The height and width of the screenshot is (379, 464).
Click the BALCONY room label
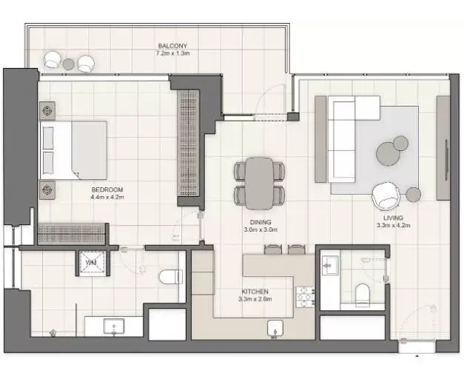pyautogui.click(x=172, y=46)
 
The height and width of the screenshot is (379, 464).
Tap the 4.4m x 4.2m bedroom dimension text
pyautogui.click(x=107, y=197)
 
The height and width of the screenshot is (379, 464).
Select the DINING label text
pyautogui.click(x=260, y=222)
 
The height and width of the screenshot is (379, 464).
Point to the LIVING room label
pyautogui.click(x=393, y=218)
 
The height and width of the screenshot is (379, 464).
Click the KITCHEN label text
pyautogui.click(x=255, y=292)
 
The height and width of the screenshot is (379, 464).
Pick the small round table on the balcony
pyautogui.click(x=68, y=64)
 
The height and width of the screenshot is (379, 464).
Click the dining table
pyautogui.click(x=259, y=184)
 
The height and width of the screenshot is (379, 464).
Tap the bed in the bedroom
pyautogui.click(x=74, y=150)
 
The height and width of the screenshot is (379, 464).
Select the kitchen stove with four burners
pyautogui.click(x=306, y=297)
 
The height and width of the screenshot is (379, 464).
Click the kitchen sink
pyautogui.click(x=275, y=329)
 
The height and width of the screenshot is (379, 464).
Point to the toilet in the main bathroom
pyautogui.click(x=171, y=277)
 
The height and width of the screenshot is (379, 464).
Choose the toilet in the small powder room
pyautogui.click(x=363, y=295)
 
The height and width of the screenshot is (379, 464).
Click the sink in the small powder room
pyautogui.click(x=330, y=266)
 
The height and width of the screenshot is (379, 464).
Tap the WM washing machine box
pyautogui.click(x=92, y=263)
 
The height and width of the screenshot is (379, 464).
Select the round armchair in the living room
pyautogui.click(x=386, y=195)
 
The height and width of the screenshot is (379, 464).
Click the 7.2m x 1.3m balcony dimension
pyautogui.click(x=173, y=53)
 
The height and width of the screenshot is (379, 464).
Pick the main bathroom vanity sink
pyautogui.click(x=114, y=326)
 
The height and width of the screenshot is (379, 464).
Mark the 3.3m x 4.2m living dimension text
pyautogui.click(x=393, y=225)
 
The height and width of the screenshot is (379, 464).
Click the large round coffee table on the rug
pyautogui.click(x=388, y=154)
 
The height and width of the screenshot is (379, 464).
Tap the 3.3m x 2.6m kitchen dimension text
pyautogui.click(x=255, y=299)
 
